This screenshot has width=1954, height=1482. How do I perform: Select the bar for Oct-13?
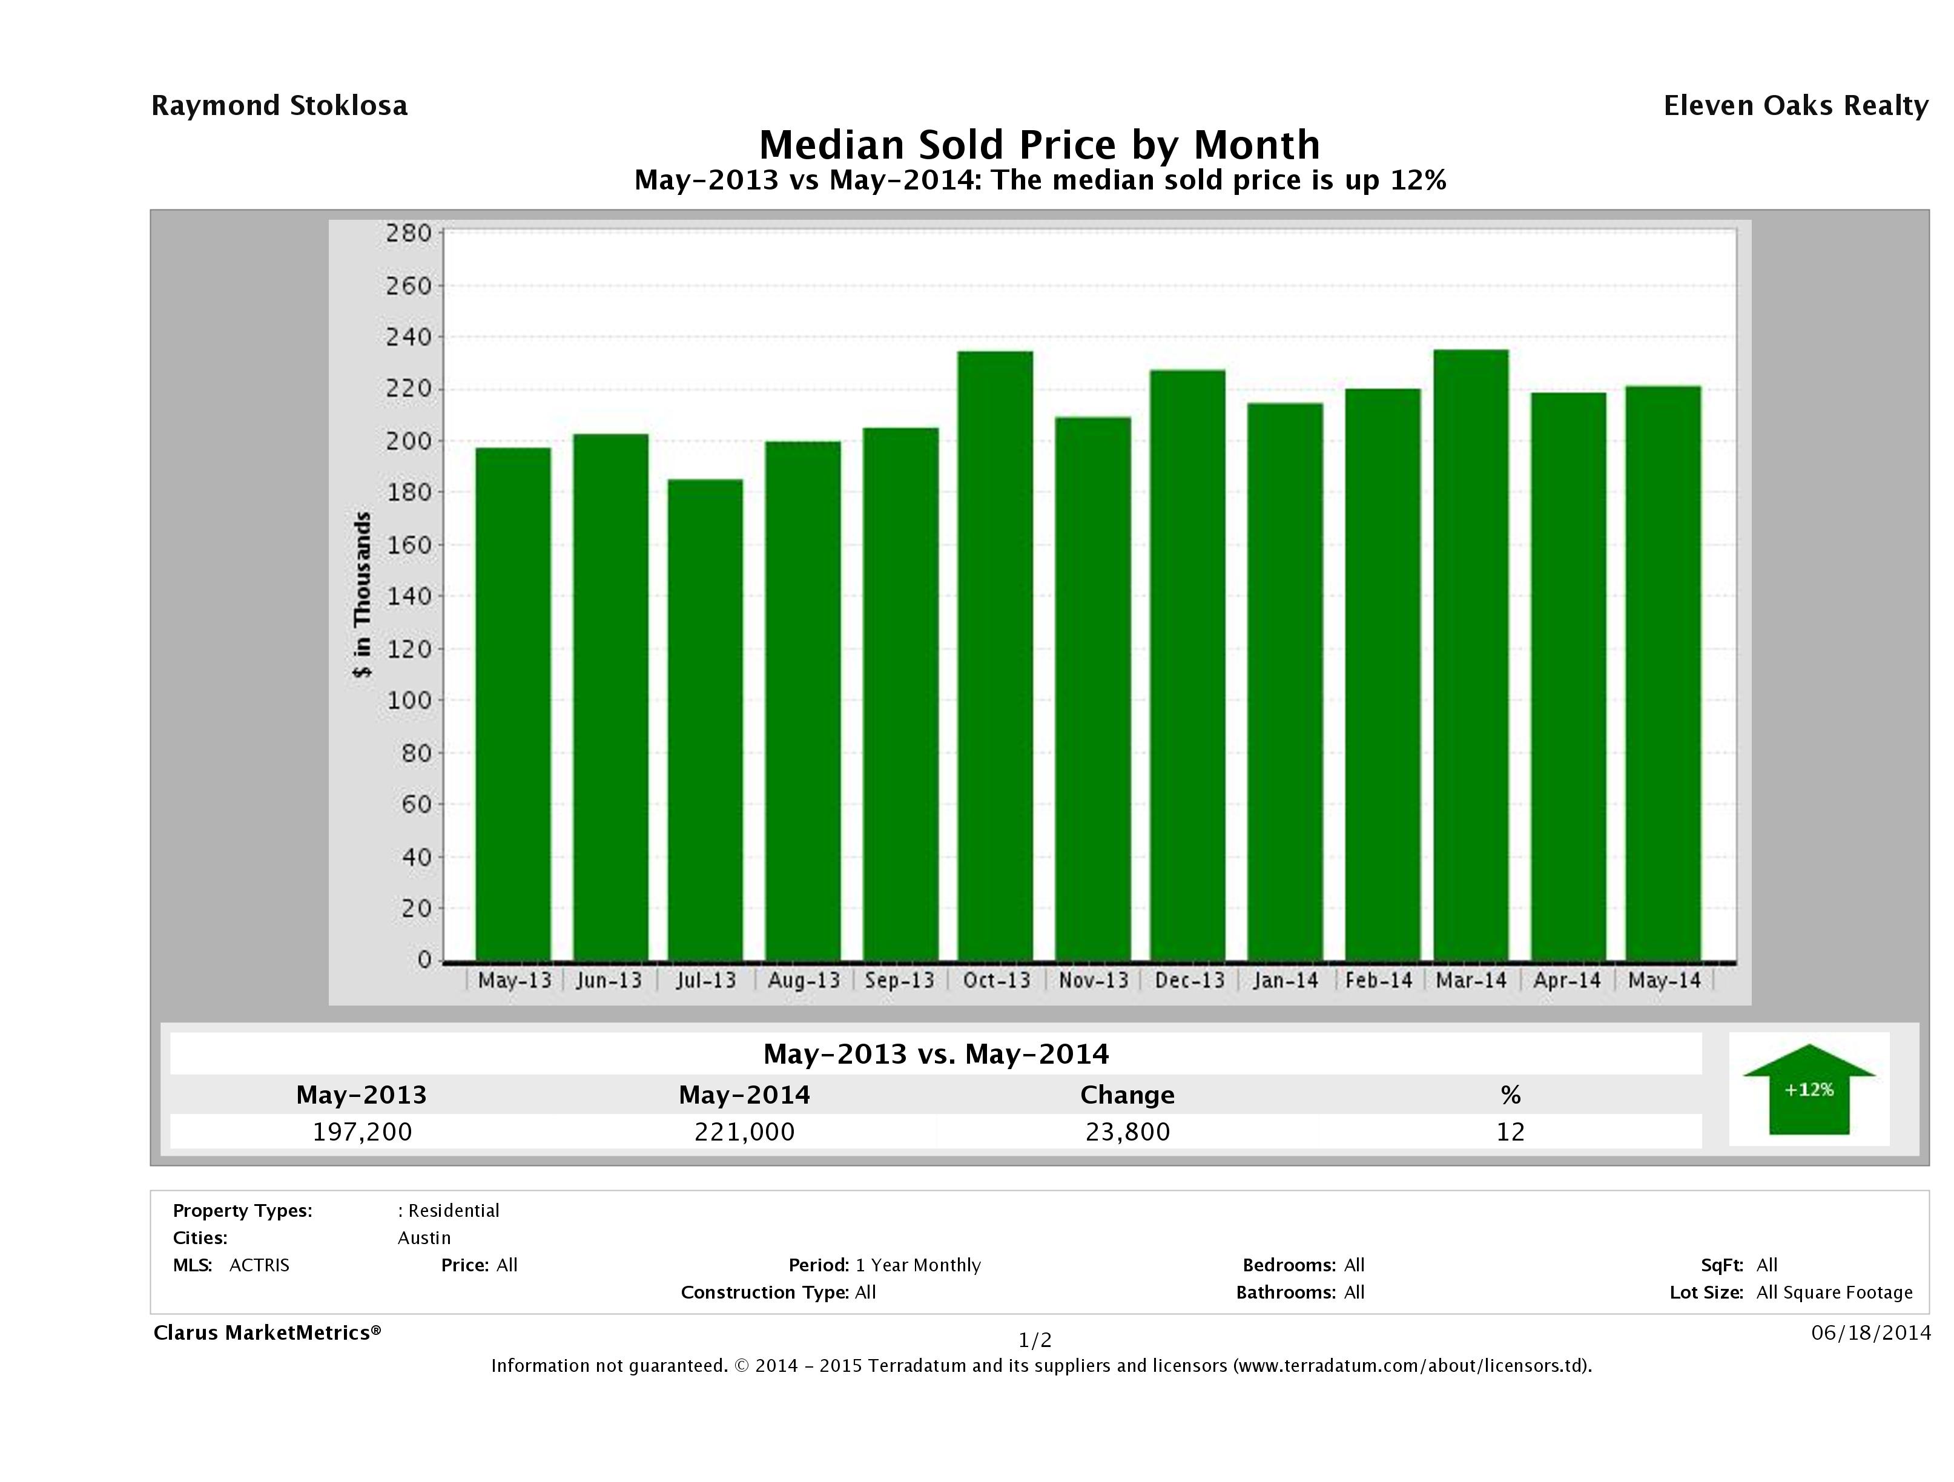995,655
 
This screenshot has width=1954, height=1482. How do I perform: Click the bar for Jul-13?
705,720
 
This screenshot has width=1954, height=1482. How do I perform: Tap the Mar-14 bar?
1471,654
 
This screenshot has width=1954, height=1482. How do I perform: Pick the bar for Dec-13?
1187,664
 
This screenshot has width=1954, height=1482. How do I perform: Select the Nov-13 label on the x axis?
1094,980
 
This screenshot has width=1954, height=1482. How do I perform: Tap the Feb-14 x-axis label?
1378,980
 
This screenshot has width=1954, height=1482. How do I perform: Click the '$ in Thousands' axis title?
362,594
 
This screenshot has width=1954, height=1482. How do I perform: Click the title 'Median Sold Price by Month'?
1039,145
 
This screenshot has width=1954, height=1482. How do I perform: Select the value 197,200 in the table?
362,1131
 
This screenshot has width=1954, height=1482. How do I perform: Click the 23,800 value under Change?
1127,1131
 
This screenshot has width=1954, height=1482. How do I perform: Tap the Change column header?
1127,1095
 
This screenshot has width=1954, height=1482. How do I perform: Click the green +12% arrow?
1808,1089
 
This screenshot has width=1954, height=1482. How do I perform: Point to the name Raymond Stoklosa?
279,106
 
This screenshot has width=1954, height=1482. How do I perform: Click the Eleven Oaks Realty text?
1795,106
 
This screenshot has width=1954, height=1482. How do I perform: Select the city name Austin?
424,1238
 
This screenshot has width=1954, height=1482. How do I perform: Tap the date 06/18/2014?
1870,1332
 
